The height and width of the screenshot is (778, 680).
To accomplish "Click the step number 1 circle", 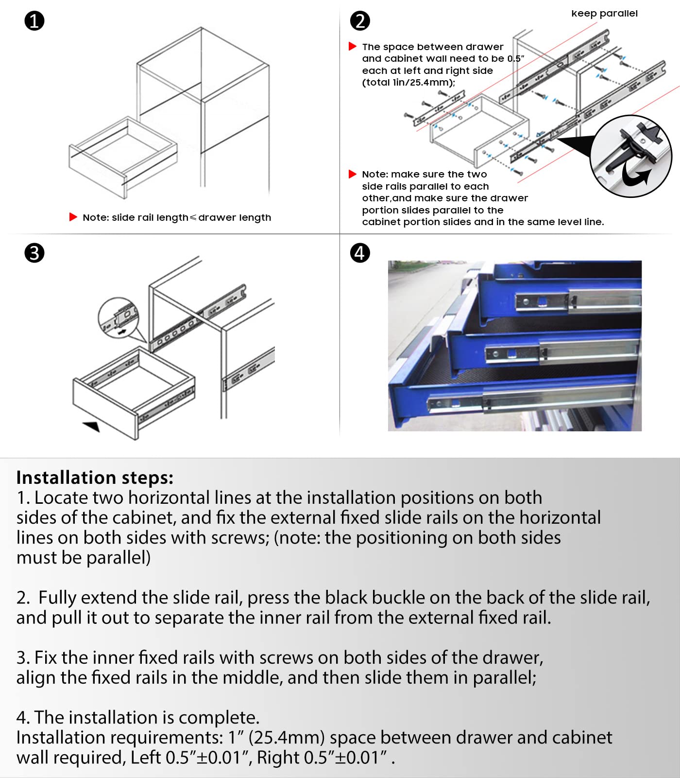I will (x=34, y=21).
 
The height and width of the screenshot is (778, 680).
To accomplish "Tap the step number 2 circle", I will (x=360, y=21).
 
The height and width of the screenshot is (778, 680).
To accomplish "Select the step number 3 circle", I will (x=34, y=253).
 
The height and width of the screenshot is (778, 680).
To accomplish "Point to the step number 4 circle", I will (x=360, y=253).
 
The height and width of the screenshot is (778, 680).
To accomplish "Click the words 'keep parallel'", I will (x=604, y=14).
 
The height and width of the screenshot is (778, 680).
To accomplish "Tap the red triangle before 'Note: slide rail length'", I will (x=73, y=217).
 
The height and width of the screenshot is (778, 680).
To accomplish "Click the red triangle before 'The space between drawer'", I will (x=353, y=46).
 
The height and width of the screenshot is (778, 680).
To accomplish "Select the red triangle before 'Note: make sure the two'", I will (x=353, y=174).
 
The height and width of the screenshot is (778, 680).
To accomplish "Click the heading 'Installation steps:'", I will (x=95, y=477).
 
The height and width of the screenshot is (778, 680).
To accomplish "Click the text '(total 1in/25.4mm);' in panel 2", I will (x=408, y=83).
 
